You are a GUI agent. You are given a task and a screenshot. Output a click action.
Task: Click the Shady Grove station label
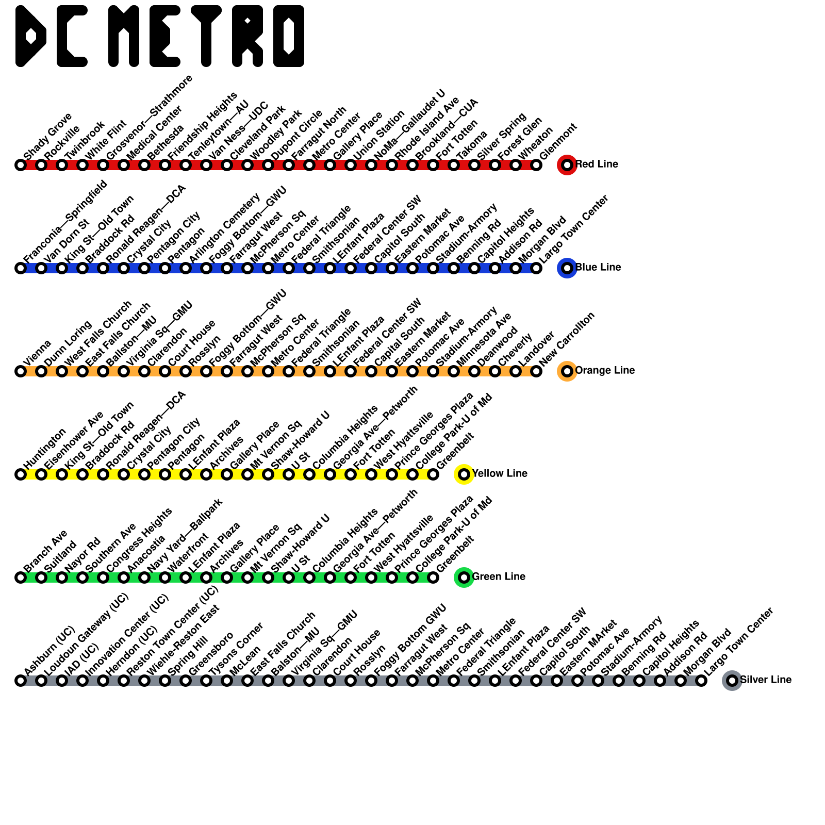click(47, 136)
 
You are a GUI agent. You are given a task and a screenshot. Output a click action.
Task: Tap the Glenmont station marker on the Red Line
click(536, 165)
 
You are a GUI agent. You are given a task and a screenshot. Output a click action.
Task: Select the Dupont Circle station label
click(296, 135)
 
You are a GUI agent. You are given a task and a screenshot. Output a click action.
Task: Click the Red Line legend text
click(597, 164)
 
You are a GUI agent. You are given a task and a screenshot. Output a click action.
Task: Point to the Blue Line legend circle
click(567, 268)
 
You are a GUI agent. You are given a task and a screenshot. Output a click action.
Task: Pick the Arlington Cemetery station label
click(224, 227)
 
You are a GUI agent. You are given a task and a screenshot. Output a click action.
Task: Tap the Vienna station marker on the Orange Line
click(21, 371)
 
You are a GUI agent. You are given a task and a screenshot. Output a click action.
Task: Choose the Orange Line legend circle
click(567, 371)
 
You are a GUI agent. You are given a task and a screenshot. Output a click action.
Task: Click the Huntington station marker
click(21, 474)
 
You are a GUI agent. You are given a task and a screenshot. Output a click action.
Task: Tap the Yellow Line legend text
click(500, 474)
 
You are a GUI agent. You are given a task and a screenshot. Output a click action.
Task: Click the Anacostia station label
click(146, 553)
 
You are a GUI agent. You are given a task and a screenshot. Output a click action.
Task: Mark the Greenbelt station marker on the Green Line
click(433, 577)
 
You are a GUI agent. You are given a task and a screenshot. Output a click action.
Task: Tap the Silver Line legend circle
click(732, 681)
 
